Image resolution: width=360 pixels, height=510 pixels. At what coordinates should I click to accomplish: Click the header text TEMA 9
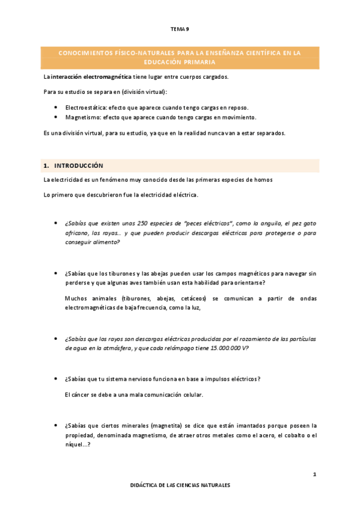(180, 28)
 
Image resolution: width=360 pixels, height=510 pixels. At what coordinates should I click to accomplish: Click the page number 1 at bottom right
(314, 476)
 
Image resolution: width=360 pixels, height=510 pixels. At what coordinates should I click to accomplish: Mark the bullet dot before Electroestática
(55, 106)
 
